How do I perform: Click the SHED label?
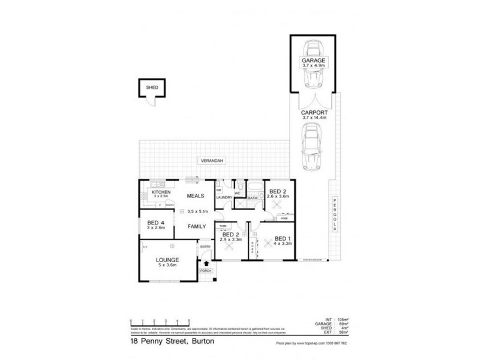[x=151, y=88]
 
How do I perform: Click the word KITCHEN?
[x=160, y=192]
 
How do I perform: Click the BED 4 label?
[x=155, y=223]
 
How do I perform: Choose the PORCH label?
[x=207, y=271]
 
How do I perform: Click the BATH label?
[x=253, y=197]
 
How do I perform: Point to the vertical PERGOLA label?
[x=335, y=217]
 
